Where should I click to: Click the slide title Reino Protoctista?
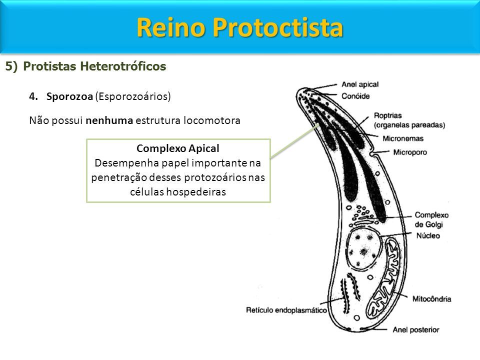coord(239,27)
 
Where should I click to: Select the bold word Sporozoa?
coord(69,96)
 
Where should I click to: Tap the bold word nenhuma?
coord(109,120)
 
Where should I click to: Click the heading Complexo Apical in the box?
coord(178,148)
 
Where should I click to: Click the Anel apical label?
coord(360,84)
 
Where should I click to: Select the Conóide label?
coord(355,96)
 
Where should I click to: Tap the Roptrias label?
coord(388,115)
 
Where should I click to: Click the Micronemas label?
coord(403,138)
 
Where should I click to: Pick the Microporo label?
coord(410,152)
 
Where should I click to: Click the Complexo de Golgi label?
coord(431,220)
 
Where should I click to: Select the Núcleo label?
coord(428,235)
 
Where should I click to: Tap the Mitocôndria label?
coord(431,299)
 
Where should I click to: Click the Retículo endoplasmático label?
coord(286,310)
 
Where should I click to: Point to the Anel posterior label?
coord(415,329)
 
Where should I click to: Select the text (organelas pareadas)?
coord(409,125)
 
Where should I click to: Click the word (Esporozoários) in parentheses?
coord(133,96)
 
